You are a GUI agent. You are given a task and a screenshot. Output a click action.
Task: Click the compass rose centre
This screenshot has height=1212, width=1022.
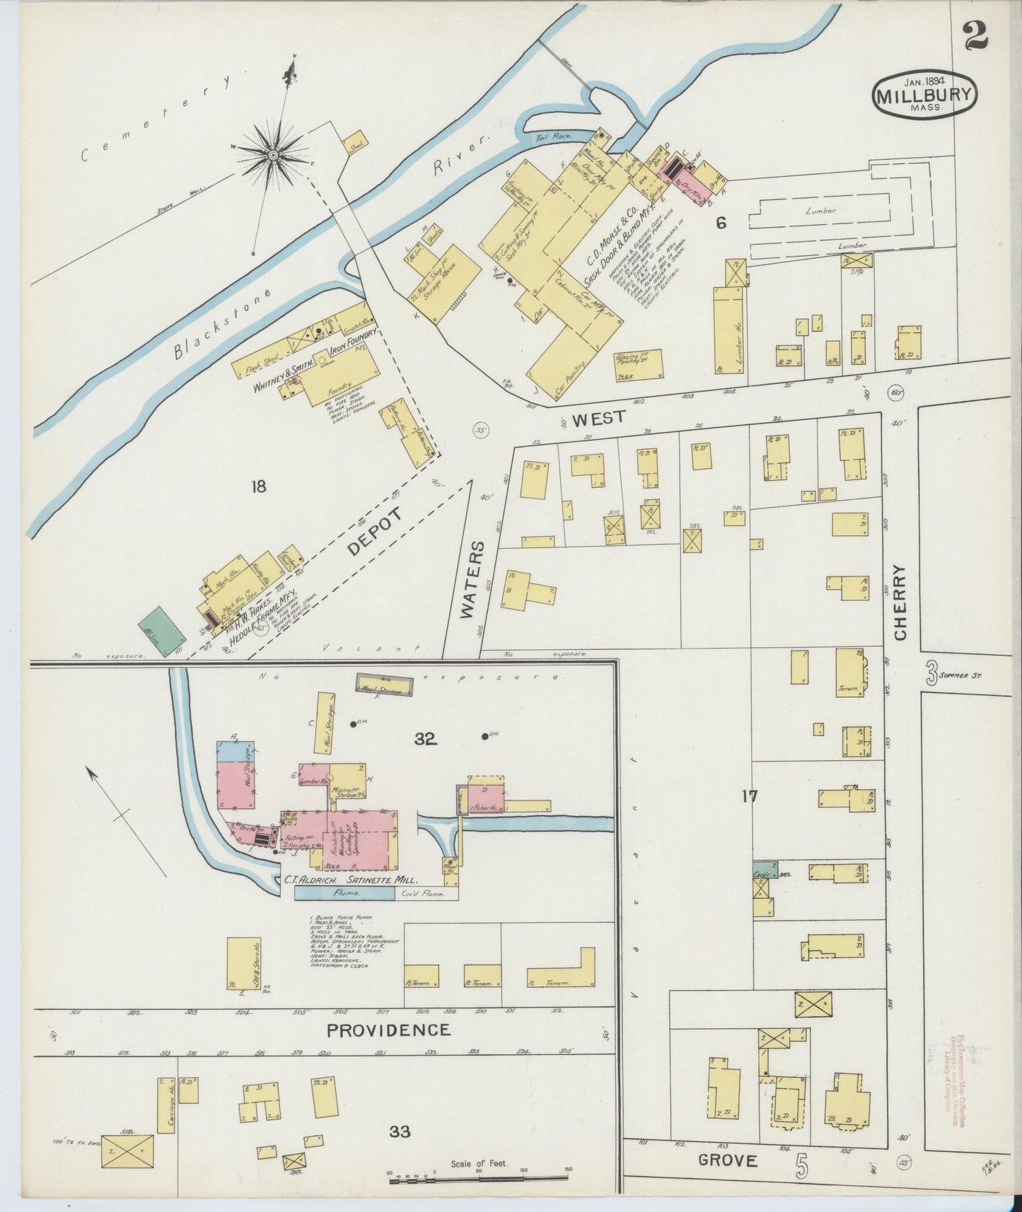click(x=272, y=154)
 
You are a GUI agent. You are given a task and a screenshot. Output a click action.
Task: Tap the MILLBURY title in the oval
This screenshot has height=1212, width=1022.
click(x=925, y=95)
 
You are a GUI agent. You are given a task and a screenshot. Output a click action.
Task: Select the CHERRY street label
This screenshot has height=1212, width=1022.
click(x=900, y=602)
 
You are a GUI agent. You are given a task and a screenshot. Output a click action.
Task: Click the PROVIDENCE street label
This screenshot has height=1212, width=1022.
click(x=388, y=1030)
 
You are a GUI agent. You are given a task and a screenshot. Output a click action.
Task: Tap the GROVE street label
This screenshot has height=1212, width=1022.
click(x=728, y=1160)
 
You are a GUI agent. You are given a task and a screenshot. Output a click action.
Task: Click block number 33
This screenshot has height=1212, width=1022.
click(x=400, y=1132)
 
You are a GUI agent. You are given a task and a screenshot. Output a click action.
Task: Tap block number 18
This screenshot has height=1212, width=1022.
click(x=258, y=486)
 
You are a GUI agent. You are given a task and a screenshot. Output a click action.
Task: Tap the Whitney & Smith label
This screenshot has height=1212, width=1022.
click(x=278, y=368)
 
